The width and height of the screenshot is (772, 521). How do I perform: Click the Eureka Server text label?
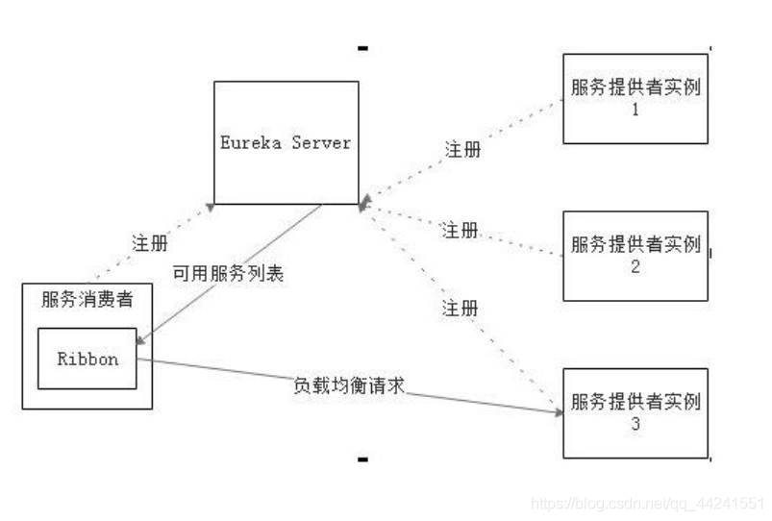coord(285,142)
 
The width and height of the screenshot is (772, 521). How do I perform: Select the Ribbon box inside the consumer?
coord(87,359)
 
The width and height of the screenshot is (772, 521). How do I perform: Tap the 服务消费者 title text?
coord(87,299)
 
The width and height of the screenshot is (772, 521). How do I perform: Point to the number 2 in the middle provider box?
coord(635,266)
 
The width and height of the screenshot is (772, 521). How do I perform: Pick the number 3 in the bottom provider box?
coord(635,423)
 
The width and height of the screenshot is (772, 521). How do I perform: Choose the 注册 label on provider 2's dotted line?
coord(460,230)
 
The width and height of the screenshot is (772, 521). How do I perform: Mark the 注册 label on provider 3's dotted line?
coord(460,309)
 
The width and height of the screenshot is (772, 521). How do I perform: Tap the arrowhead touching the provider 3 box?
coord(557,412)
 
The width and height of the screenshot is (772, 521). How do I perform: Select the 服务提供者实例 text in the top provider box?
coord(635,87)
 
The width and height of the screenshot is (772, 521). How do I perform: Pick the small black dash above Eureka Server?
coord(362,47)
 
